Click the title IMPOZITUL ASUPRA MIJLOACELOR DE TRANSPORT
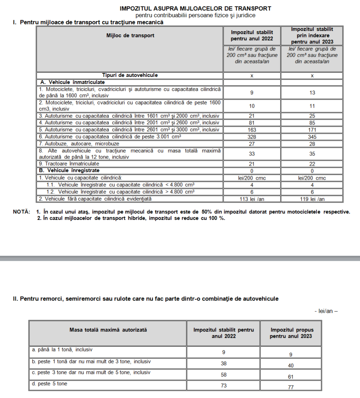[196, 8]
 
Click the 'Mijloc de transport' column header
[130, 35]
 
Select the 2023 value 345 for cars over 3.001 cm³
[312, 137]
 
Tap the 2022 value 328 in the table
[252, 137]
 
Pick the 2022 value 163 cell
[252, 129]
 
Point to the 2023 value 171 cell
[312, 129]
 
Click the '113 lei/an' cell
[252, 199]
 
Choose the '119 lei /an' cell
[312, 199]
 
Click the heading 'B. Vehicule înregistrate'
[70, 171]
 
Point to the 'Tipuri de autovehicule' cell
[130, 75]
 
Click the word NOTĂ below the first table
[21, 212]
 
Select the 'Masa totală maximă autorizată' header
[108, 330]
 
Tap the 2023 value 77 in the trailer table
[291, 387]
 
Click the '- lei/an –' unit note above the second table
[326, 311]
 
